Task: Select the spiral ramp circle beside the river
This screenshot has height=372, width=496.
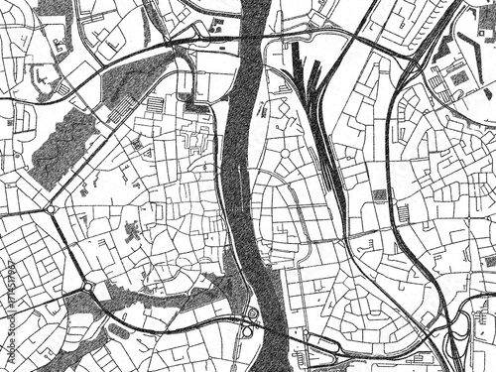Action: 252,314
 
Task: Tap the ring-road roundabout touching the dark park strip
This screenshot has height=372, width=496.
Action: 88,287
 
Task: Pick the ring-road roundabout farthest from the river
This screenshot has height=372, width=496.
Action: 51,209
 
